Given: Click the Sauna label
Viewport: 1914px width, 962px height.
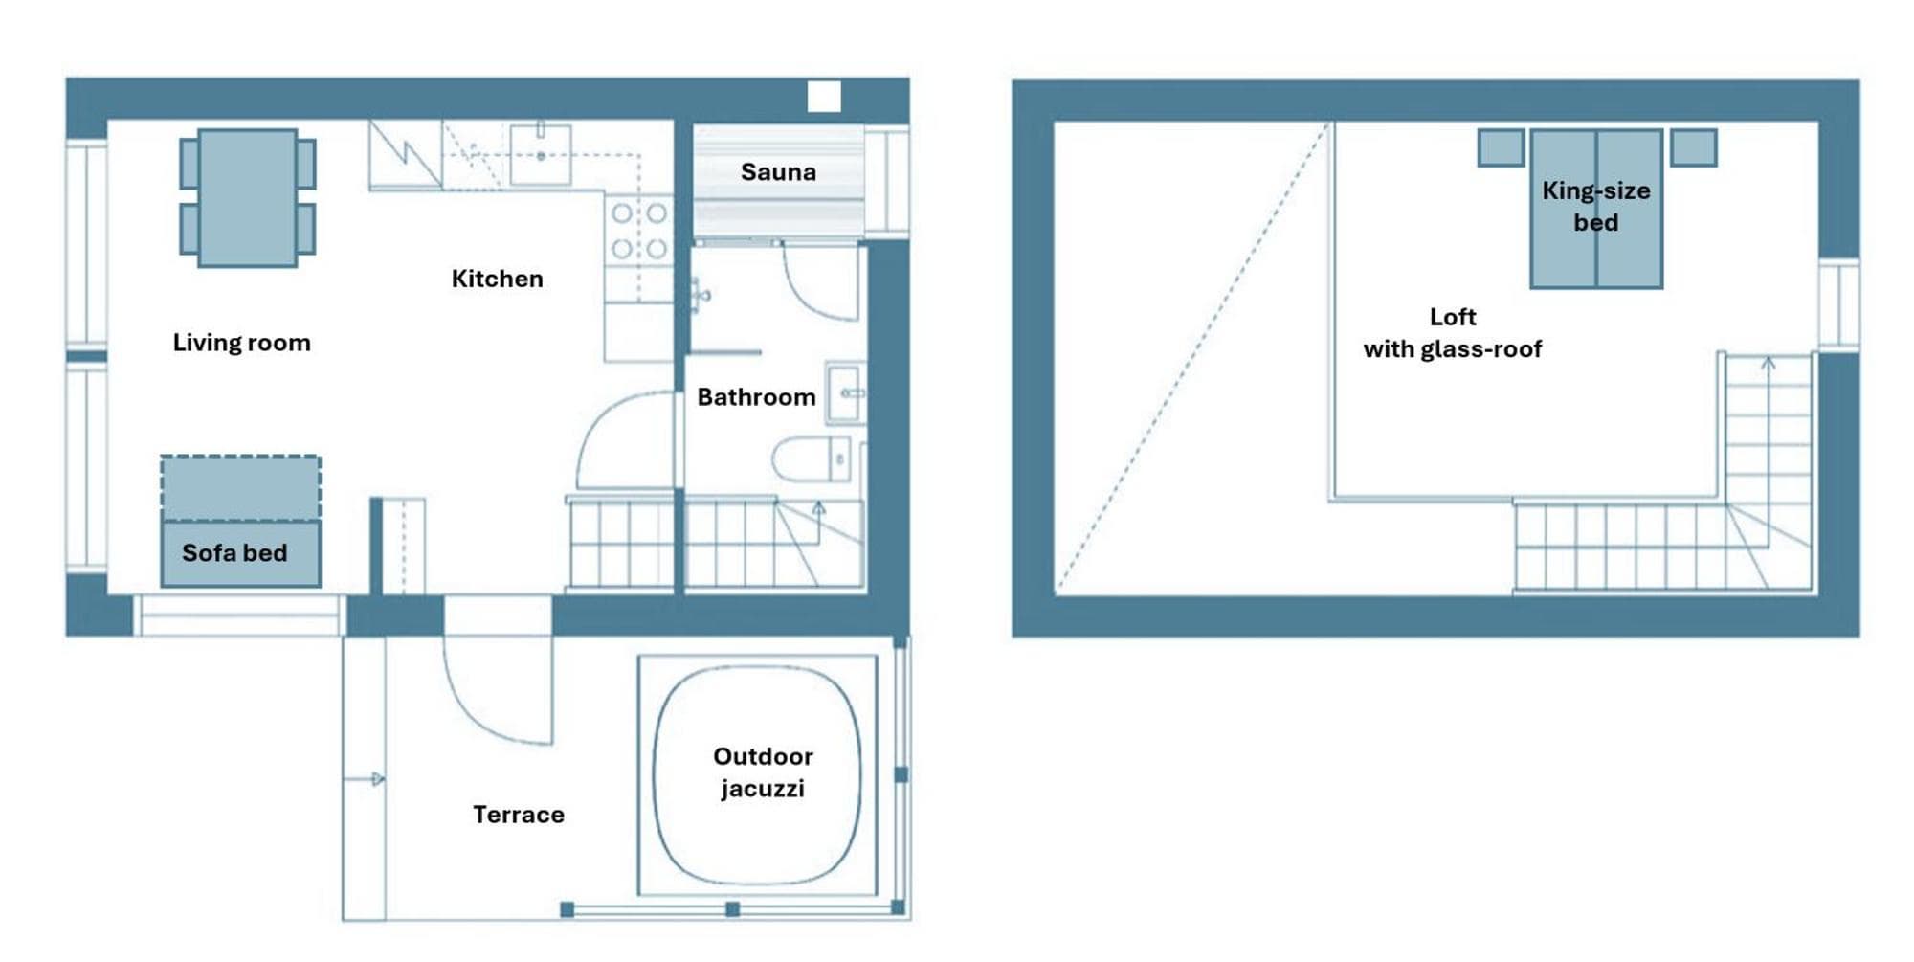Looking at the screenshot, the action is coord(778,172).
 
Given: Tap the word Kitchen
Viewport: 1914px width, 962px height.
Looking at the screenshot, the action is coord(497,279).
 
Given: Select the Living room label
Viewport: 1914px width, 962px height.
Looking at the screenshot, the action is coord(241,343).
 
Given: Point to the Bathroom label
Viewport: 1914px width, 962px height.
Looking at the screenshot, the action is coord(756,397).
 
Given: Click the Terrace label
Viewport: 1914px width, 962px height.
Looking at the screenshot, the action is coord(519,815).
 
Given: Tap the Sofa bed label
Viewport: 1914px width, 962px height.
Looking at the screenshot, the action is coord(234,553).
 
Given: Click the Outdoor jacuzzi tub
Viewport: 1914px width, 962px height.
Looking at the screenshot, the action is coord(757,775).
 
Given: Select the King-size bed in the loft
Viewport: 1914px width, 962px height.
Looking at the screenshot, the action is coord(1596,209).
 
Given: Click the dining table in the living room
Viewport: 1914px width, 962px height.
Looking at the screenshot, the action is coord(248,197).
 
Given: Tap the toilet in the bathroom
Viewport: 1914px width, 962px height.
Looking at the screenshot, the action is coord(811,459).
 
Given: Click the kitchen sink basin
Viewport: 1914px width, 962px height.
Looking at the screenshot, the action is coord(540,154).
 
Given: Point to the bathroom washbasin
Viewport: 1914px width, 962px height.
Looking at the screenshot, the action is coord(845,392).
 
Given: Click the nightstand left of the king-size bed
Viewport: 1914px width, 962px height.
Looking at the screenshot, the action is coord(1501,148).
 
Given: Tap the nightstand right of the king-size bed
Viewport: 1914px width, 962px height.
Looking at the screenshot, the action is coord(1694,148).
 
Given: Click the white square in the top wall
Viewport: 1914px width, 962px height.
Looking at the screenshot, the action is coord(824,97).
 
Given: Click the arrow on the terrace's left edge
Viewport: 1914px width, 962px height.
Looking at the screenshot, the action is coord(365,779).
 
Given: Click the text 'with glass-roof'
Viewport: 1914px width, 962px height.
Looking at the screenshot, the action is coord(1453,349).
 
